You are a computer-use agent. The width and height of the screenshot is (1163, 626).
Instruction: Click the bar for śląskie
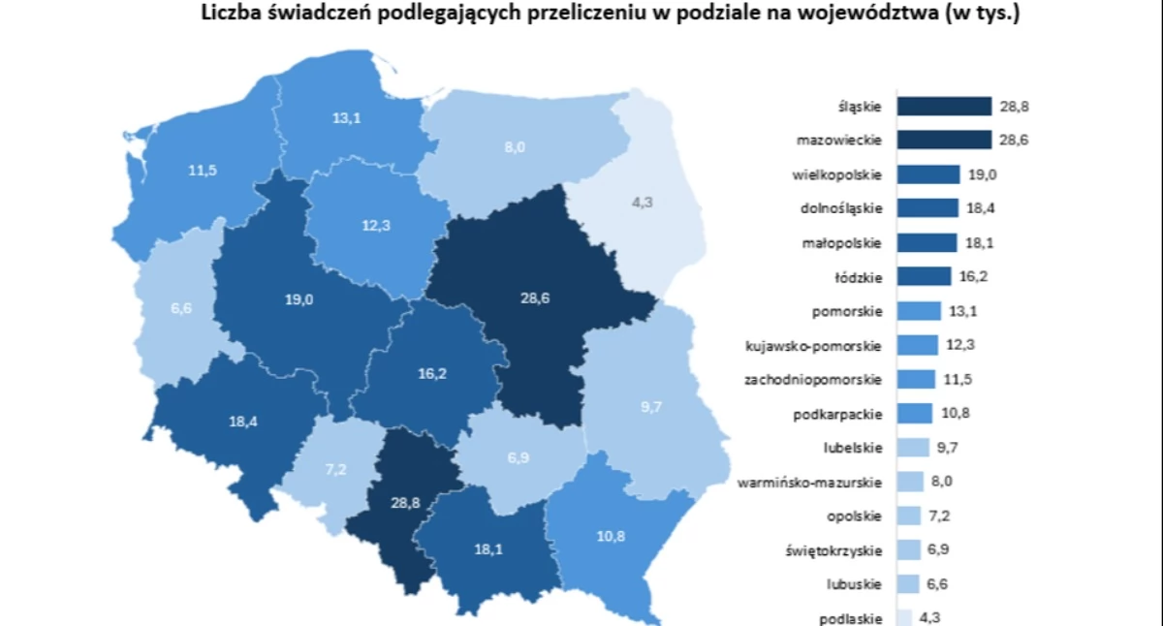point(944,106)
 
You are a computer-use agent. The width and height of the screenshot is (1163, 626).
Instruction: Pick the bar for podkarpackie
point(915,414)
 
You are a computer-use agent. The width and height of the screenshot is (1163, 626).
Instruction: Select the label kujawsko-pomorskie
point(813,345)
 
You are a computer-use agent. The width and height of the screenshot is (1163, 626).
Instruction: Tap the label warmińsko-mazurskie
point(809,482)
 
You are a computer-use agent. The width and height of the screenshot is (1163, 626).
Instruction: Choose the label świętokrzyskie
point(834,550)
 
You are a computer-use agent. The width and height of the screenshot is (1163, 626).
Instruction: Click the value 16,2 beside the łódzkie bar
point(971,277)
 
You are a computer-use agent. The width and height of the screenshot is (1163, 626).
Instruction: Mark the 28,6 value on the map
point(534,298)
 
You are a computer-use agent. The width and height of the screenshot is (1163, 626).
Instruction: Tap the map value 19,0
point(299,300)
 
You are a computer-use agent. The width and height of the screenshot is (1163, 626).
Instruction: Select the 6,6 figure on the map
point(182,308)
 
